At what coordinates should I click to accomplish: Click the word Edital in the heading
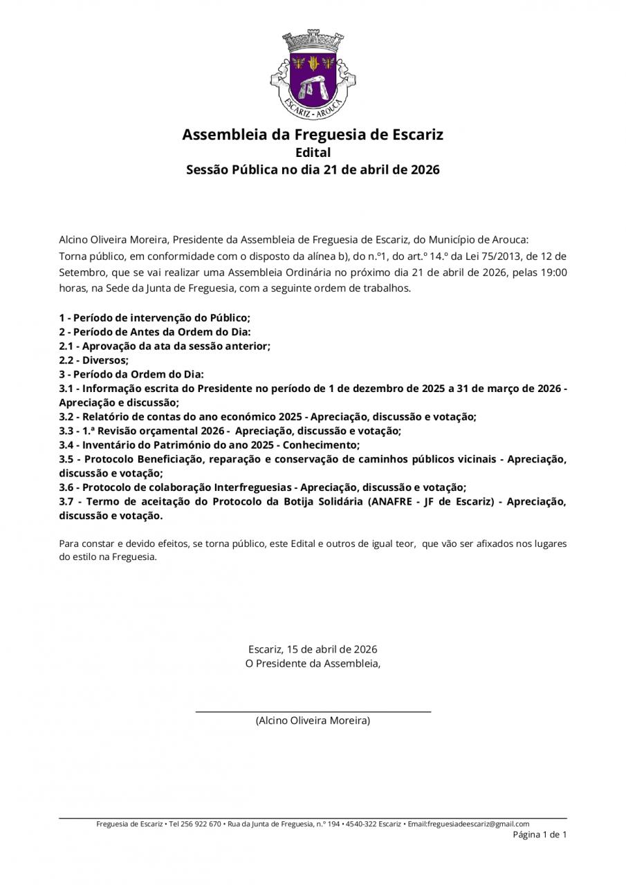pos(313,152)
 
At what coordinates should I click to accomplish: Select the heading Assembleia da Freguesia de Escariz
pos(313,134)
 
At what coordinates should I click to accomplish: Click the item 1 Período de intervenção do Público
pos(154,318)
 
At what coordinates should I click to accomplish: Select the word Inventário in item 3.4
pos(115,445)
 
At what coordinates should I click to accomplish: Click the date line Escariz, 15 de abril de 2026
pos(313,649)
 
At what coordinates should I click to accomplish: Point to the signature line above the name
pos(313,711)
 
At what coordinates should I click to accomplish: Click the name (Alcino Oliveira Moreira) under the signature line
pos(313,720)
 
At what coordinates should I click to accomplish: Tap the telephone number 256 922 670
pos(201,824)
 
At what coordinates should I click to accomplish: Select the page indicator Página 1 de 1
pos(540,835)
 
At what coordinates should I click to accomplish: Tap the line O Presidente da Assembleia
pos(313,664)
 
